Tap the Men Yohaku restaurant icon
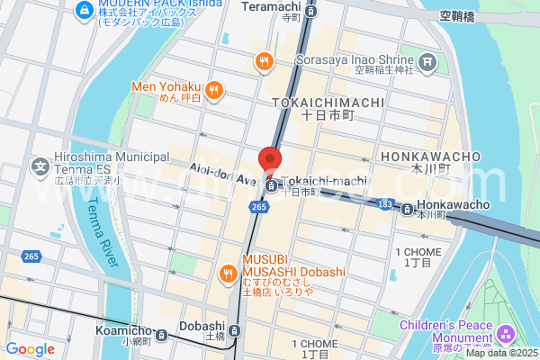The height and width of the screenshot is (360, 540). click(x=214, y=89)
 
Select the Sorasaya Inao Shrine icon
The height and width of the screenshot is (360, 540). click(x=428, y=62)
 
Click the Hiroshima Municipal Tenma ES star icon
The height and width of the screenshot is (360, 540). click(x=40, y=166)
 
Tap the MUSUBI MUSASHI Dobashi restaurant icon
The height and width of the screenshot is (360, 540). click(x=229, y=273)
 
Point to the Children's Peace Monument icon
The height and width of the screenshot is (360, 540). click(x=507, y=335)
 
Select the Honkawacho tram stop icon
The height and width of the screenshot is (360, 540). click(x=409, y=210)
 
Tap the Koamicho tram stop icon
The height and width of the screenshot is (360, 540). click(x=161, y=336)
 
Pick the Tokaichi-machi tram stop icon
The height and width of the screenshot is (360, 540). click(x=272, y=186)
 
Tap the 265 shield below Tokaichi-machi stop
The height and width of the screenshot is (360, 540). click(x=259, y=208)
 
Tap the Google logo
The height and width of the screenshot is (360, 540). click(x=30, y=348)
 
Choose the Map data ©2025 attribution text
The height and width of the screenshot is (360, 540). click(x=499, y=352)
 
